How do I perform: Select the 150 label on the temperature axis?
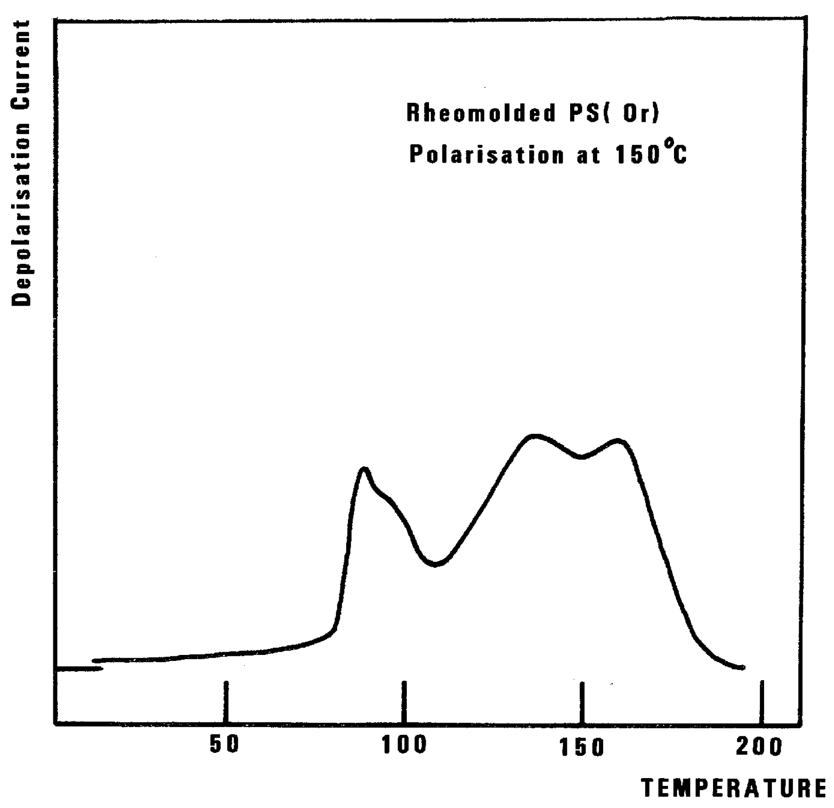pyautogui.click(x=582, y=747)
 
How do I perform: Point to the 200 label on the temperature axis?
pyautogui.click(x=759, y=746)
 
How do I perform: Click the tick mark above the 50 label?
pyautogui.click(x=226, y=701)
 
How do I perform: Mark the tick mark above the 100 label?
pyautogui.click(x=404, y=701)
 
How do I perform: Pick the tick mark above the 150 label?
pyautogui.click(x=582, y=701)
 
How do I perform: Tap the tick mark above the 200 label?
pyautogui.click(x=762, y=701)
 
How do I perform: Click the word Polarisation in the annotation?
pyautogui.click(x=486, y=155)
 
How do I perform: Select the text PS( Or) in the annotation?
pyautogui.click(x=614, y=114)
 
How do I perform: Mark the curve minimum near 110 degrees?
pyautogui.click(x=435, y=564)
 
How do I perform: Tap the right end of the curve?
pyautogui.click(x=742, y=667)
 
